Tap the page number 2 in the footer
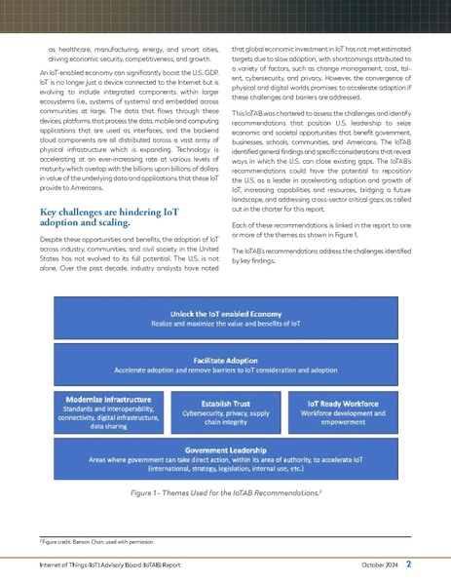click(x=410, y=563)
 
